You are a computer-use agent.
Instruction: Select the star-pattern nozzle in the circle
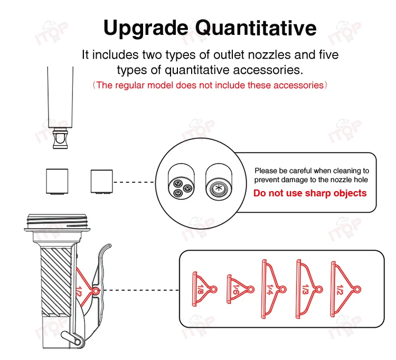pyautogui.click(x=217, y=188)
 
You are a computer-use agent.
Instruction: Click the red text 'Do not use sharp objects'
pyautogui.click(x=310, y=193)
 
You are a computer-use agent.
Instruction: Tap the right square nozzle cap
pyautogui.click(x=102, y=181)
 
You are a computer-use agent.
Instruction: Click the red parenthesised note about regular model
pyautogui.click(x=210, y=85)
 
